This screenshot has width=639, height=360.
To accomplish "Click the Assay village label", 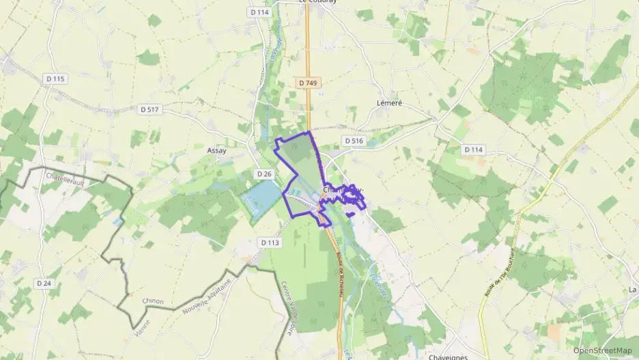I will pos(216,150).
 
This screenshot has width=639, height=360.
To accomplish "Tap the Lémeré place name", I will pos(390,103).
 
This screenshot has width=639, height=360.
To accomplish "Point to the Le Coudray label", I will pos(319,2).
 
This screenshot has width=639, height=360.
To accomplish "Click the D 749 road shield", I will pos(309,83).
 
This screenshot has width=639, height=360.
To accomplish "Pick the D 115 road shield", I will pos(55,79).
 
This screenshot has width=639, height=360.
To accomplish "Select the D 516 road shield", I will pos(354,141).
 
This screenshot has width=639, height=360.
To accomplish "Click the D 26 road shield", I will pos(264,175).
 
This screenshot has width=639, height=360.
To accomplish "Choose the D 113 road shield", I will pos(270,243).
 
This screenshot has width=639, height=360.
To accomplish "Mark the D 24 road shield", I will pos(44,283).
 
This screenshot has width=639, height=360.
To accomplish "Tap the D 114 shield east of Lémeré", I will pos(474,150).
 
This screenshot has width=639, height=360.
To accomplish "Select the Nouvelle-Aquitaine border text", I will pos(205,299).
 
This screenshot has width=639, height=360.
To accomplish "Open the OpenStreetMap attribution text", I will pos(603,350).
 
